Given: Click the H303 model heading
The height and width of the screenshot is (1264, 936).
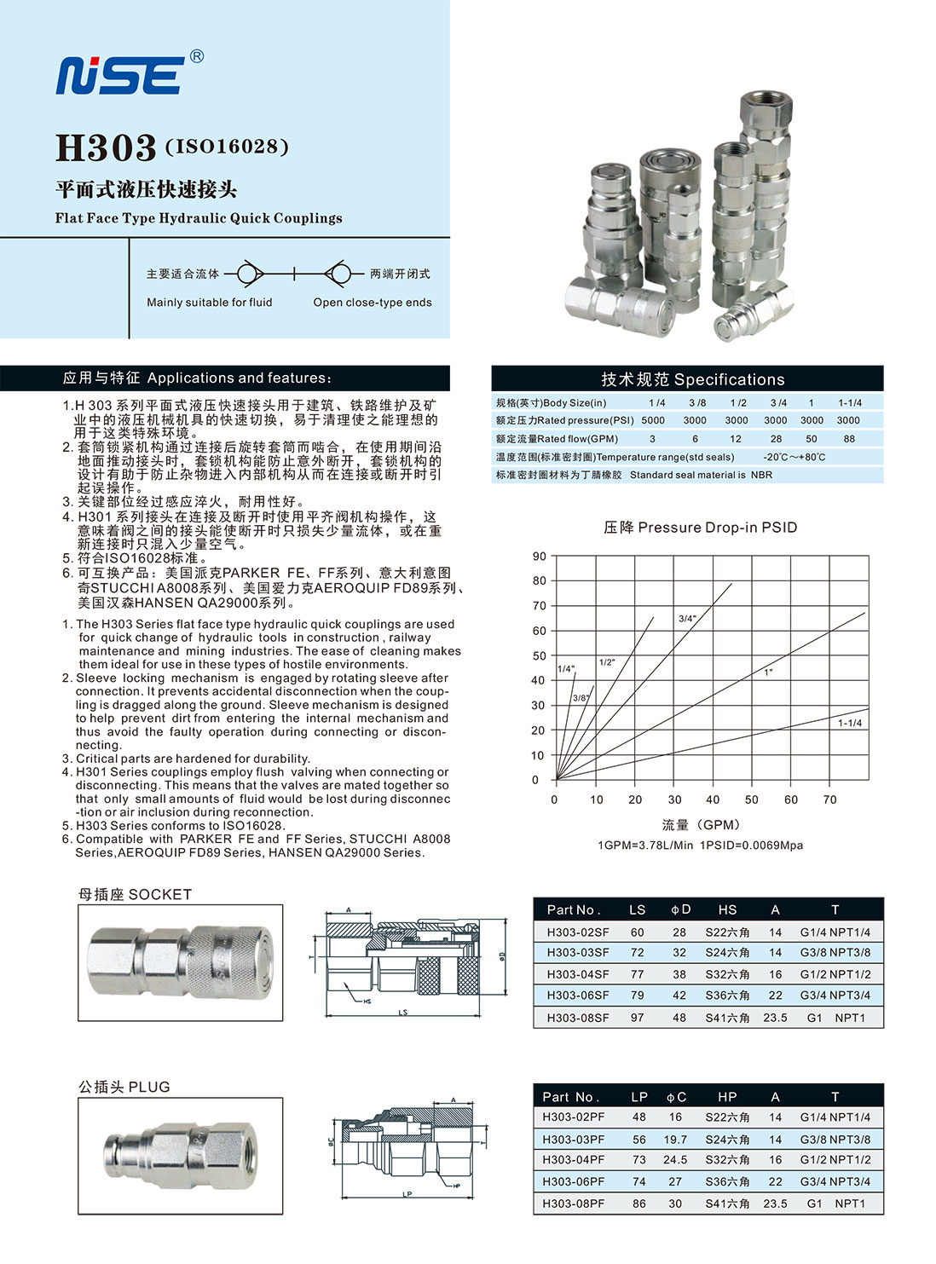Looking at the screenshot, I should tap(106, 147).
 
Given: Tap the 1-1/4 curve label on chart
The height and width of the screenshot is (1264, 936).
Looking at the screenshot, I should tap(849, 723).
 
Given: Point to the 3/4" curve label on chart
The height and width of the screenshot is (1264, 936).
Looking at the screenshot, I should tap(687, 619).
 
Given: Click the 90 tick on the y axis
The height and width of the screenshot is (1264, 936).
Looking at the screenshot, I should tap(539, 557).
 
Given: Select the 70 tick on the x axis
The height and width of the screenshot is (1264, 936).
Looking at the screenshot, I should tap(829, 799).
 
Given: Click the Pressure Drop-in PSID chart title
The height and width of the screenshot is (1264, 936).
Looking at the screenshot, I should tap(700, 528).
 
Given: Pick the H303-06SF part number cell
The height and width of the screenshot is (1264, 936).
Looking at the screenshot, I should tap(578, 995).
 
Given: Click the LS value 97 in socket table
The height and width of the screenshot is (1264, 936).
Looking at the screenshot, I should tap(637, 1018).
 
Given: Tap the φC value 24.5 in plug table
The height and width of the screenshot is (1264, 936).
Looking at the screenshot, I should tap(675, 1159).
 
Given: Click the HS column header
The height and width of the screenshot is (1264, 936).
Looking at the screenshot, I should tap(727, 909).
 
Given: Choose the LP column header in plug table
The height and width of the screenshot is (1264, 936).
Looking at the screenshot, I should tap(639, 1096).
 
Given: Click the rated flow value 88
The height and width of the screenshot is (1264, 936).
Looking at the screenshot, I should tap(848, 439).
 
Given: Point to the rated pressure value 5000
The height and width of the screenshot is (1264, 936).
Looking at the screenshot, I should tap(653, 420).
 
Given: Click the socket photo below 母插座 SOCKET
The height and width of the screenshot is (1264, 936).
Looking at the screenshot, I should tap(181, 962).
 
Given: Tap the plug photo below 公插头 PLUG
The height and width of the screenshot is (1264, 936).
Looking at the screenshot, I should tap(181, 1155).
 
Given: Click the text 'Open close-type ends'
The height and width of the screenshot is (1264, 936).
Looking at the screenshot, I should tap(372, 303).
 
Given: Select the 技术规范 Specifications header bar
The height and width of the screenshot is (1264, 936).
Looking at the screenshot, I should tap(687, 379).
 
